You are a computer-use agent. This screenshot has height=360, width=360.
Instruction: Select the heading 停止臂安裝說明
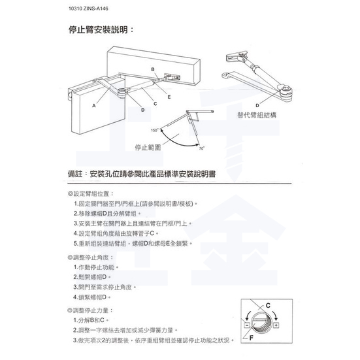point(101,29)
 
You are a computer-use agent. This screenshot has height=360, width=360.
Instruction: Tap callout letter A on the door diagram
point(93,105)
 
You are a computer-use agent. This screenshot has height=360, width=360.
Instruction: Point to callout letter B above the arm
point(152,69)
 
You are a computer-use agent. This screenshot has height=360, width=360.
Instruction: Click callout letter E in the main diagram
point(169,96)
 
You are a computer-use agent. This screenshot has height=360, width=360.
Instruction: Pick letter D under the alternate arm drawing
point(257,105)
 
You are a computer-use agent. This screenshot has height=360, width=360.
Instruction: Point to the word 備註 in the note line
point(78,176)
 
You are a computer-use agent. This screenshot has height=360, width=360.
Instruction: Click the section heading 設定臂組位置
point(91,194)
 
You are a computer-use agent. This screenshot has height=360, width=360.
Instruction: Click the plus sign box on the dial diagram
point(276,325)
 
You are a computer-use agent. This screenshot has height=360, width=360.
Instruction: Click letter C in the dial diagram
point(269,305)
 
